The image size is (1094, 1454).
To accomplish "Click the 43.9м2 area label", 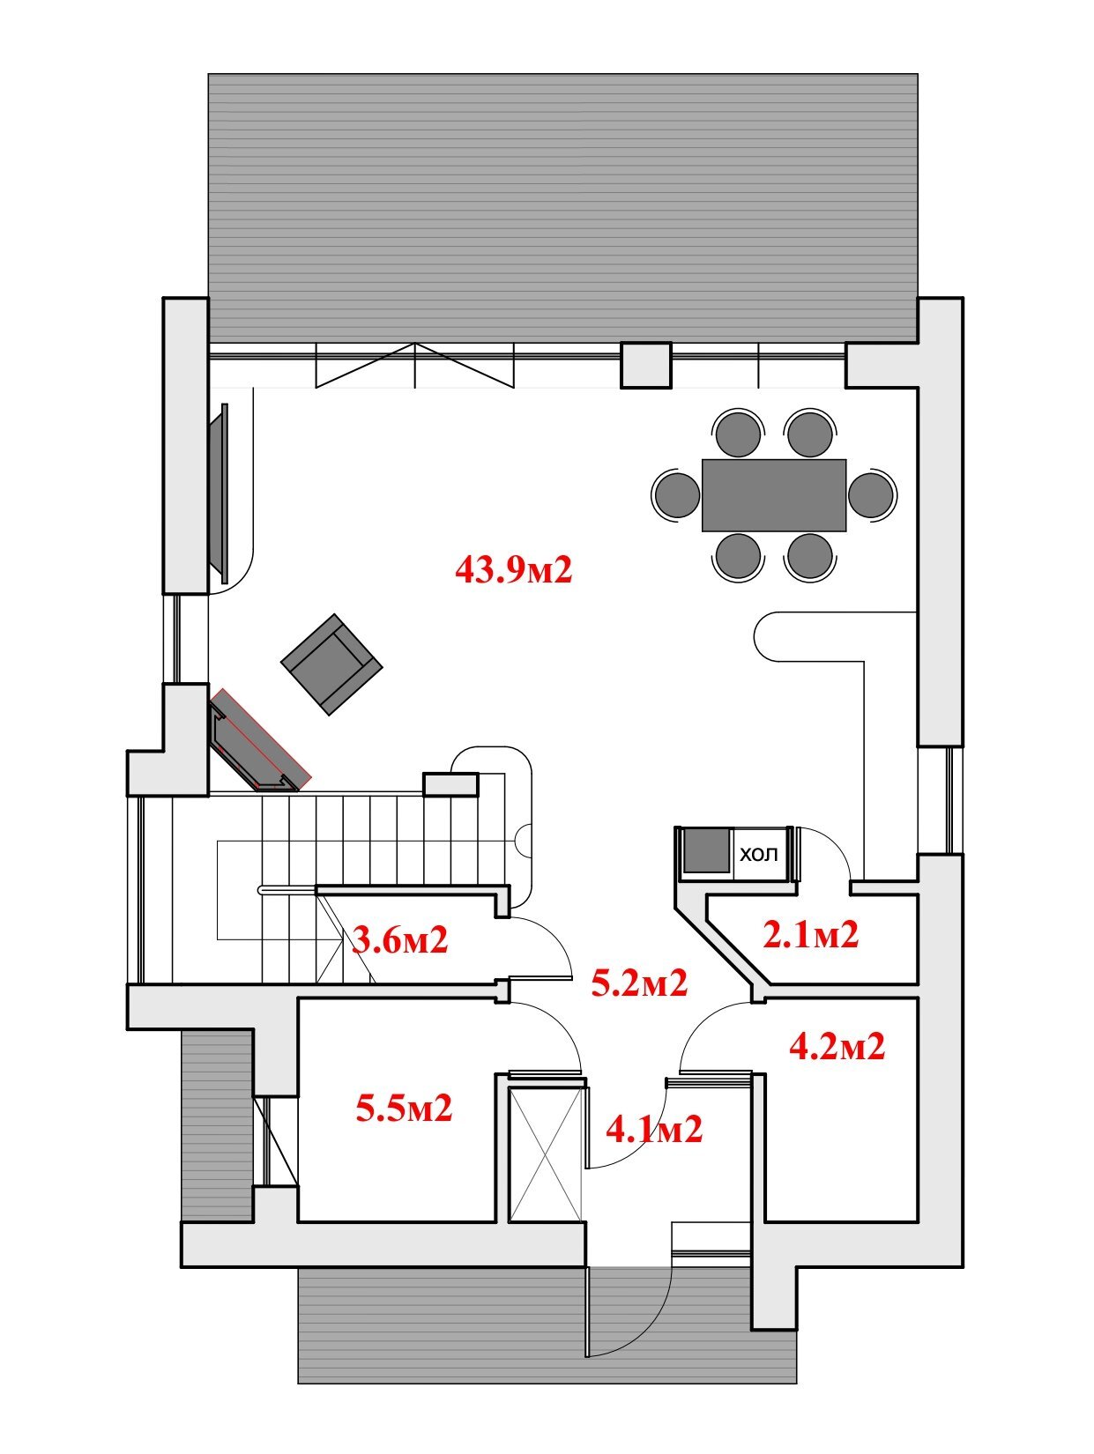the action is [513, 569].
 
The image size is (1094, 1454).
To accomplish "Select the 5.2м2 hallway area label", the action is [639, 983].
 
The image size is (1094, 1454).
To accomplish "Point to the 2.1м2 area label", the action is [811, 934].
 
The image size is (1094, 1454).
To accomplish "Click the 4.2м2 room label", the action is [837, 1047].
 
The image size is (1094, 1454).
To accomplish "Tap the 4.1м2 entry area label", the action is [654, 1129].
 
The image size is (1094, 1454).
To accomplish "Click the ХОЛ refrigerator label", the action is [758, 855].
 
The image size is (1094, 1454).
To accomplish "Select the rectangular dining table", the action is [774, 495].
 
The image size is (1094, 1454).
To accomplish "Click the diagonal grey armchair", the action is [332, 664].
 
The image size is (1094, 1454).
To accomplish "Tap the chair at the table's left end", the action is [676, 494].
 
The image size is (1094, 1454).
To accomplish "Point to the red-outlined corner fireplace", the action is [260, 740].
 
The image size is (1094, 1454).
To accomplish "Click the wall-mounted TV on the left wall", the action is [220, 493].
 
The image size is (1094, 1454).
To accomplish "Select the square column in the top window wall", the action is [646, 364].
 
